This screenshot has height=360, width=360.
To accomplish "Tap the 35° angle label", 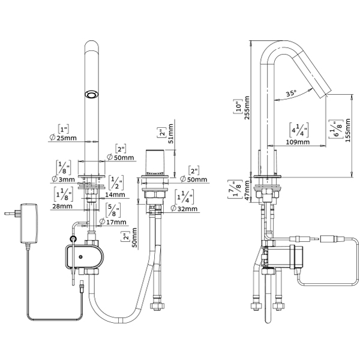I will [x=291, y=94].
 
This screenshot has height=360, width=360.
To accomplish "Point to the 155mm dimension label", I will [x=349, y=137].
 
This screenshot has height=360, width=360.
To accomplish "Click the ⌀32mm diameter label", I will [x=185, y=208].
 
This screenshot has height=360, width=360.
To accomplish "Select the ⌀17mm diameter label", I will [x=113, y=222].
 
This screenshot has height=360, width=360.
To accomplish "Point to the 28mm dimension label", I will [x=61, y=206].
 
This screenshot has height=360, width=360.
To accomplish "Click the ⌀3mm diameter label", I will [x=62, y=179].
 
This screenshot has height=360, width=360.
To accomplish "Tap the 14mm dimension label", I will [x=115, y=194].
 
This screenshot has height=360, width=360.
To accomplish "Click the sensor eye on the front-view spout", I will [x=92, y=94].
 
